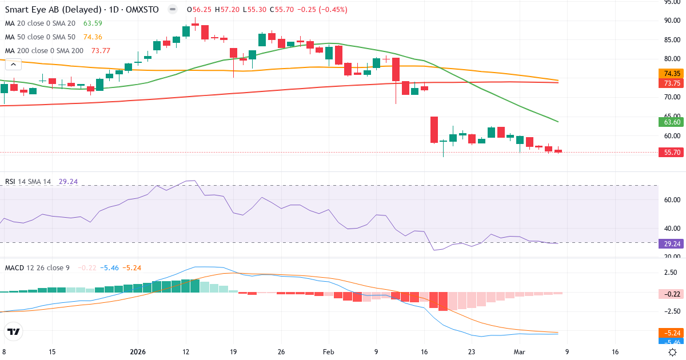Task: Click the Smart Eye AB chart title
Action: tap(83, 10)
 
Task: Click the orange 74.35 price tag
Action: tap(672, 74)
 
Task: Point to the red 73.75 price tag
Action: tap(672, 83)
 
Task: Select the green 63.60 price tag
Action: tap(672, 122)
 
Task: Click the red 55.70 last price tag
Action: tap(672, 153)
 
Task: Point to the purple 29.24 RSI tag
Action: tap(672, 243)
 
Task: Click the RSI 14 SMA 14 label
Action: tap(28, 182)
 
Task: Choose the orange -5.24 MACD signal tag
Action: tap(672, 333)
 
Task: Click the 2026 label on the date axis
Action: tap(138, 352)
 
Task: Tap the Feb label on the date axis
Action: tap(328, 352)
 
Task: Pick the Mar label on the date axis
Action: tap(519, 352)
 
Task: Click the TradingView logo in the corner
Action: tap(13, 331)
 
